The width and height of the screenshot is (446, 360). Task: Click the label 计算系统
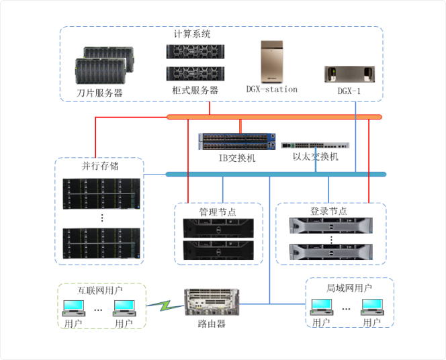193,34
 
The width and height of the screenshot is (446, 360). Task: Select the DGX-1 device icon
349,73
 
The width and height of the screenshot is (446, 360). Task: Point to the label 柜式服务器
195,90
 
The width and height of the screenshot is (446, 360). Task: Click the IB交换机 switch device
237,141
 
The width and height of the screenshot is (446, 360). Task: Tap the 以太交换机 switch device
316,144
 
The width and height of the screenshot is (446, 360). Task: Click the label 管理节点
218,211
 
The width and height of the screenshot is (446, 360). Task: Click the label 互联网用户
100,291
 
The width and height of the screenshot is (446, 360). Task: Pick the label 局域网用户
350,288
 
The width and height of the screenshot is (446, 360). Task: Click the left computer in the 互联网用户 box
73,308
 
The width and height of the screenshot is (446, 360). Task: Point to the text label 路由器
212,324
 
